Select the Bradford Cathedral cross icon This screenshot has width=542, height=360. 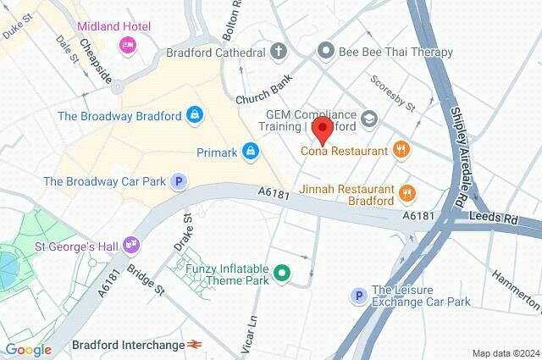pos(280,53)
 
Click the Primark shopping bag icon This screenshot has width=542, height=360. pos(250,152)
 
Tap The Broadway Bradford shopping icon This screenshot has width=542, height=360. pos(196,114)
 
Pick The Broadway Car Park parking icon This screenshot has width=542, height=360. pos(178,180)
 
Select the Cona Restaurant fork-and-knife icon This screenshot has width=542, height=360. pos(402,151)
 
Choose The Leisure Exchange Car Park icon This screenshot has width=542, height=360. pos(359,295)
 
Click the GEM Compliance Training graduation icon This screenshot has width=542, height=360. pos(368,119)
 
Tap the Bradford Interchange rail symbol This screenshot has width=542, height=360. pos(196,345)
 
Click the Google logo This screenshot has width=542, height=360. pos(28,349)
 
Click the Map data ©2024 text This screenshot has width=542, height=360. pos(505,353)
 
